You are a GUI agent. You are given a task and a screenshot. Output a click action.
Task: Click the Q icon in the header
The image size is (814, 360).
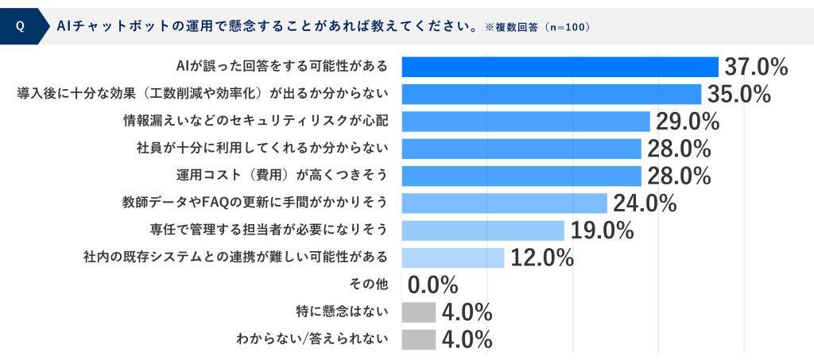pos(20,26)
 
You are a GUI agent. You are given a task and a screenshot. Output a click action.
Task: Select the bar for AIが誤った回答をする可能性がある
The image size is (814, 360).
pos(560,67)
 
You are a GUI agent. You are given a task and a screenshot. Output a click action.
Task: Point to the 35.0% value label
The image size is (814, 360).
pos(738,95)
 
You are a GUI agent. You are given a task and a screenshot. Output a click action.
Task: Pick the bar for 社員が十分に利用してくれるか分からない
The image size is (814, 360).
pos(521,149)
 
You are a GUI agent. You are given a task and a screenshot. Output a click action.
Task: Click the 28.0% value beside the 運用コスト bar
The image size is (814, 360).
pos(678,176)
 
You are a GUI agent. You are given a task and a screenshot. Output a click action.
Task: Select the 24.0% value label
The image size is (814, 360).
pos(644,203)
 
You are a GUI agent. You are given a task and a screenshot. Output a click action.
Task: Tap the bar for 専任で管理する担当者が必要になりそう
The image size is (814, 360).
pos(483,230)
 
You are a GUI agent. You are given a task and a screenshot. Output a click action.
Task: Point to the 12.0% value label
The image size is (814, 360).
pos(541,258)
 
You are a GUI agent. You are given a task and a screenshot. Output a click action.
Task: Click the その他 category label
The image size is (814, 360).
pos(369,284)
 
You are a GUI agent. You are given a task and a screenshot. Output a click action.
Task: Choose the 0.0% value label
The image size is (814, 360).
pos(433,285)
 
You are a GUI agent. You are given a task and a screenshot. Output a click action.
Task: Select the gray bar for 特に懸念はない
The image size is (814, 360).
pos(419,312)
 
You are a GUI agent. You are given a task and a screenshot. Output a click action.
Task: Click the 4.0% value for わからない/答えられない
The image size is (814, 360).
pos(467,340)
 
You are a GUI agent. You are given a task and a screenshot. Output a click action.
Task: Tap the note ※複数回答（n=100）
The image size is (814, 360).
pos(537,27)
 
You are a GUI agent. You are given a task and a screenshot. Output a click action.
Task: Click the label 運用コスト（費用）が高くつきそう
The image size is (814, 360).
pos(282,176)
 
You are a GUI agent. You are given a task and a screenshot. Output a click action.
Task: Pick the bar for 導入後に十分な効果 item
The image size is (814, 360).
pos(551,94)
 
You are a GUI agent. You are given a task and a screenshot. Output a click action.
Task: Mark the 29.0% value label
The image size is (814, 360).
pos(687,122)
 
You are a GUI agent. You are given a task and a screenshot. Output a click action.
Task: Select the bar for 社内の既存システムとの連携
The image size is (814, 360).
pos(453,258)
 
